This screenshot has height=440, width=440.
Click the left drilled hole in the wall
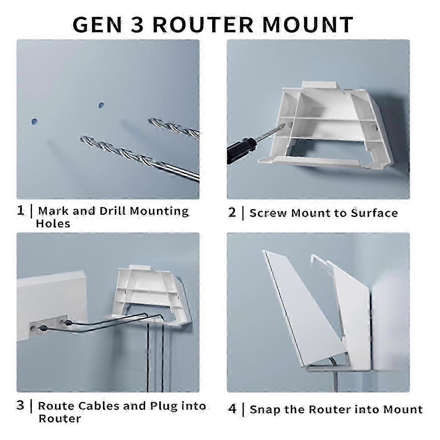pyautogui.click(x=34, y=121)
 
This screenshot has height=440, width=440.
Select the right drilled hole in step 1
pyautogui.click(x=101, y=106)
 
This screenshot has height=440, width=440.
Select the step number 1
pyautogui.click(x=21, y=211)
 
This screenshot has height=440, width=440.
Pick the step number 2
pyautogui.click(x=232, y=213)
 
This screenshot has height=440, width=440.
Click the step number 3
pyautogui.click(x=21, y=406)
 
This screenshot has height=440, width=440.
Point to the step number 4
pyautogui.click(x=232, y=409)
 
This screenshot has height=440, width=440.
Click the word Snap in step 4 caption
pyautogui.click(x=265, y=410)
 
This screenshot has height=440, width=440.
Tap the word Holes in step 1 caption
pyautogui.click(x=53, y=224)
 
